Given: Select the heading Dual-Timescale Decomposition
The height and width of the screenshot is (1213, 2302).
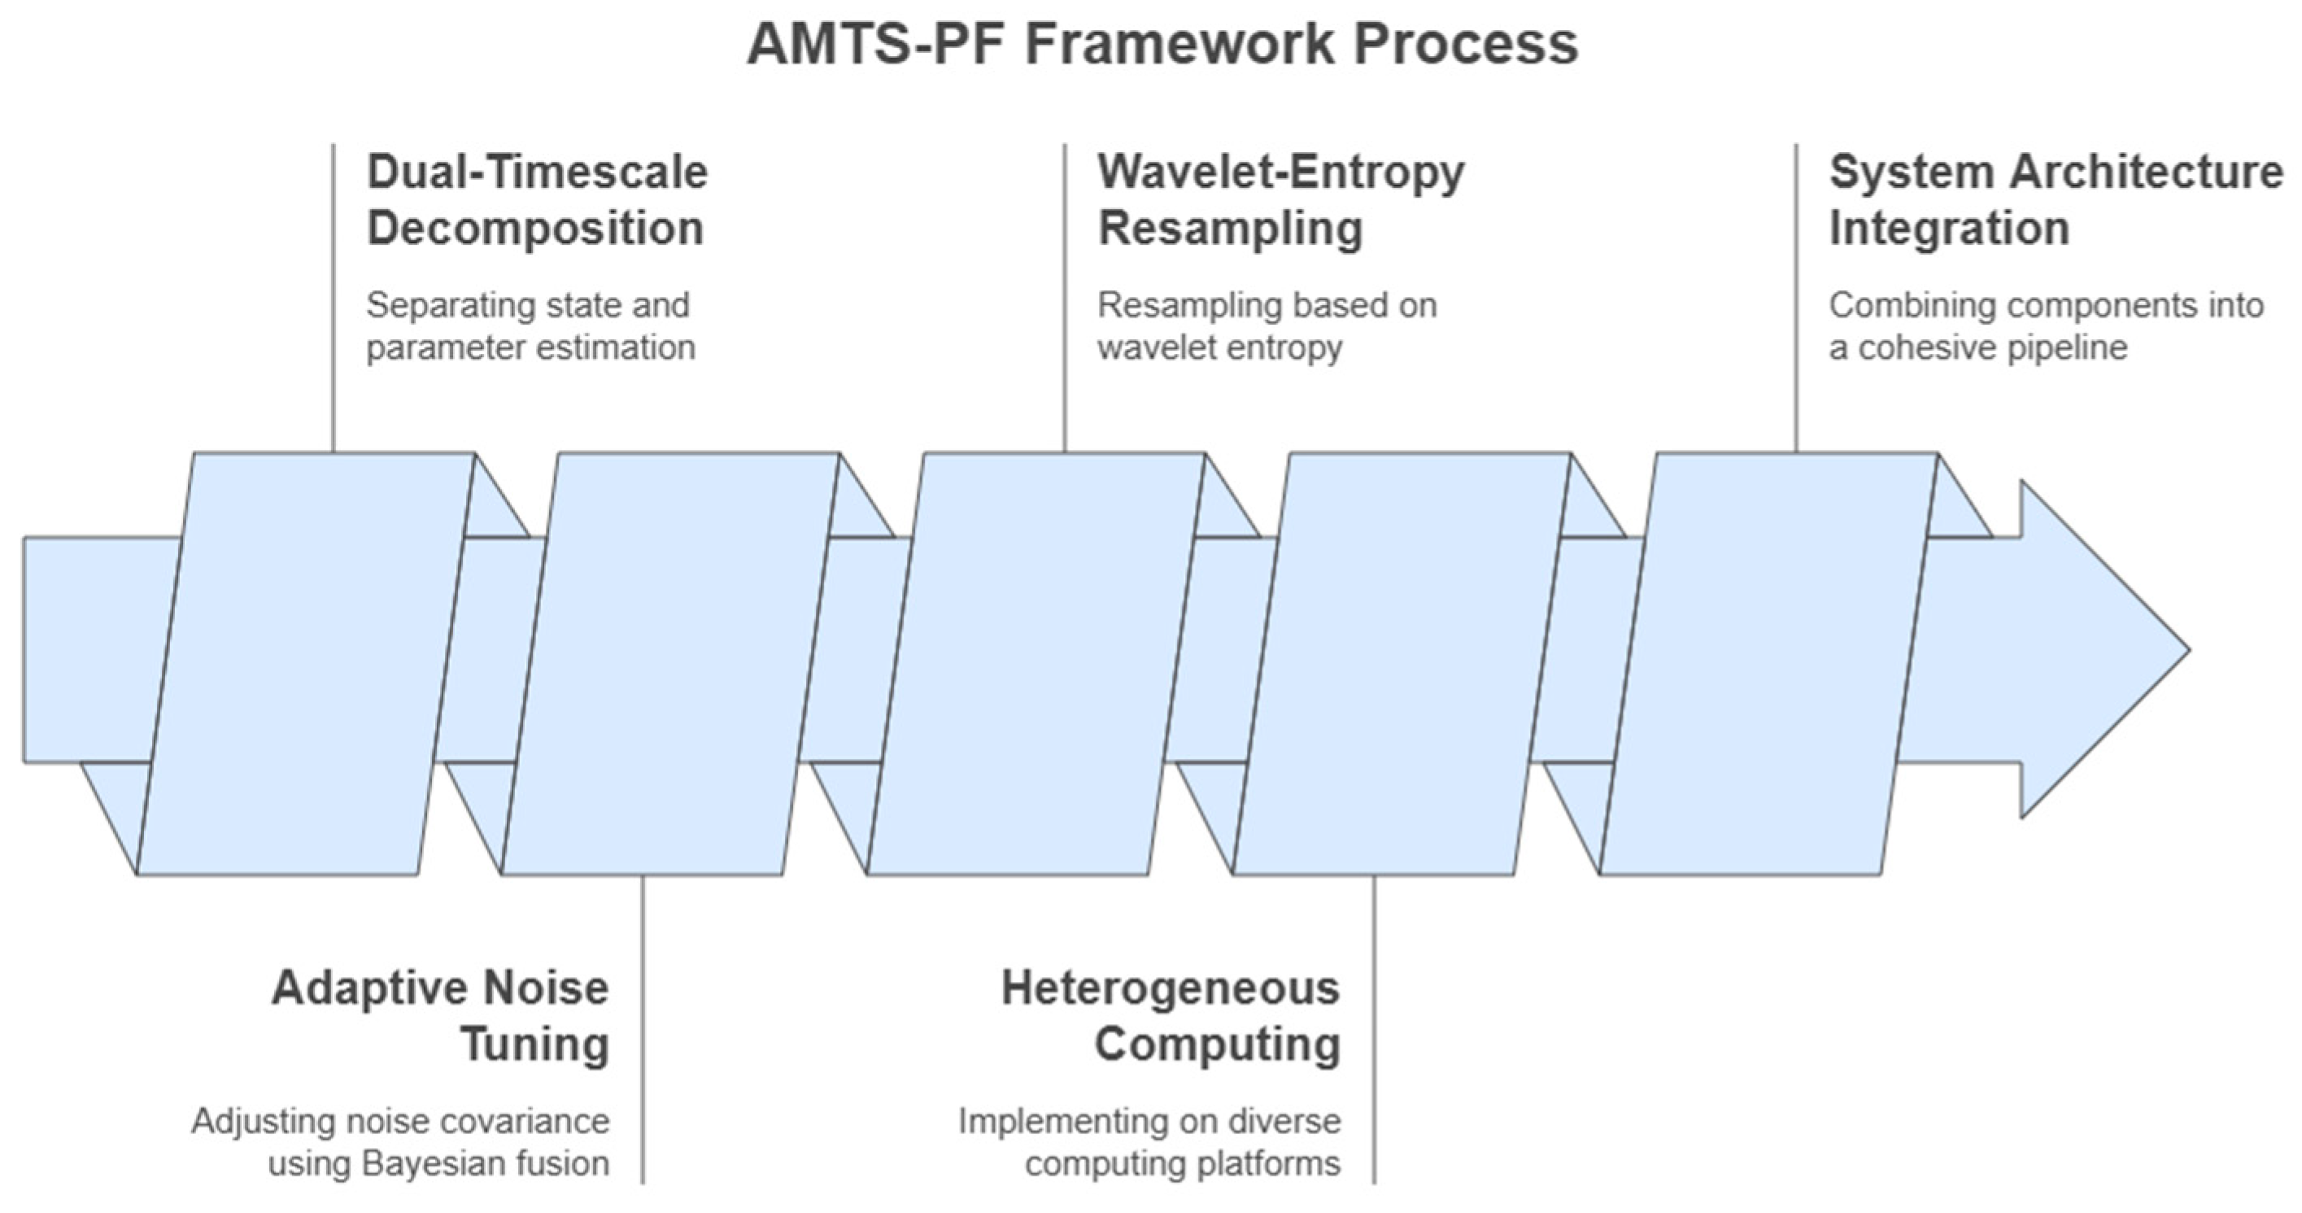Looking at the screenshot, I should click(x=536, y=200).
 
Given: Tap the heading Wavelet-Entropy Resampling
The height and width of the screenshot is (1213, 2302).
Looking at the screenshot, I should click(x=1280, y=200).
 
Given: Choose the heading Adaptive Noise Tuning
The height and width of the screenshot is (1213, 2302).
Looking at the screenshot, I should click(x=441, y=1016).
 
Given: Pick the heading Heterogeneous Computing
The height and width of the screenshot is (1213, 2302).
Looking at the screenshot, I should click(x=1171, y=1016).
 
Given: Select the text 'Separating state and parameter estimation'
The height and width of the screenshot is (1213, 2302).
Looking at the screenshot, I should click(x=529, y=326).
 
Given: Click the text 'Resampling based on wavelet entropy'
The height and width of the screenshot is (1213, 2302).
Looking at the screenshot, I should click(x=1267, y=326).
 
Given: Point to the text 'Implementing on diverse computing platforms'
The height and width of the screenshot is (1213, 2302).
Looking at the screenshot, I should click(x=1149, y=1142).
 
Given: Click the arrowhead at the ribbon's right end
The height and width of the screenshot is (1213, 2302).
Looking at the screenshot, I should click(x=2100, y=650).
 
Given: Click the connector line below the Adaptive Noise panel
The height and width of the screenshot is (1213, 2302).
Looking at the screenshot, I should click(x=643, y=1028).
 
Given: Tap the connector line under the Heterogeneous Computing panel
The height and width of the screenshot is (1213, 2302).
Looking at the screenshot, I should click(x=1375, y=1028).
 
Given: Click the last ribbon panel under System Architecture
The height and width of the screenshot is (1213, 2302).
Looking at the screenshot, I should click(x=1768, y=663).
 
